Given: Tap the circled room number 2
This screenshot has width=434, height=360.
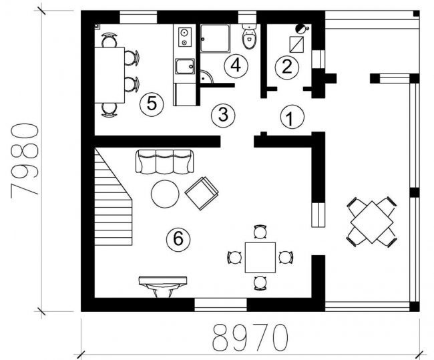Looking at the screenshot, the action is click(287, 67).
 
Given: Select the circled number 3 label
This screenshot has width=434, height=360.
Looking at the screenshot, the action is click(223, 116).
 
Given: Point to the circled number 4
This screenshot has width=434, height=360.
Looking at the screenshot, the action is click(236, 66).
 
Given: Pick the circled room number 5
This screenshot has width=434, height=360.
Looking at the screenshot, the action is click(152, 104).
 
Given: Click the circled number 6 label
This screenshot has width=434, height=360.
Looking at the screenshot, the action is click(178, 239).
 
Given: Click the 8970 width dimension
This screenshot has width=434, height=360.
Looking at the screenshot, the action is click(250, 339).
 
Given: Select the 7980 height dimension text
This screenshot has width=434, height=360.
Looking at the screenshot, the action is click(24, 161).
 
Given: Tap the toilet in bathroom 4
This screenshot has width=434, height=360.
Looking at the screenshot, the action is click(250, 36).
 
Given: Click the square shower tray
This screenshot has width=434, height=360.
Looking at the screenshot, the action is click(215, 39).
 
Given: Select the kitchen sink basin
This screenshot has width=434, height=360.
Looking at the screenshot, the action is click(185, 67).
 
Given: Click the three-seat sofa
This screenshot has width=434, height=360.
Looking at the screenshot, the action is click(165, 162).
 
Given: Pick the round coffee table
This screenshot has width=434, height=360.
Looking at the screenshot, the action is click(165, 194).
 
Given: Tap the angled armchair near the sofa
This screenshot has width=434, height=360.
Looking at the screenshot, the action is click(202, 193).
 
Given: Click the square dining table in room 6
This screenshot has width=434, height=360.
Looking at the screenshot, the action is click(260, 258).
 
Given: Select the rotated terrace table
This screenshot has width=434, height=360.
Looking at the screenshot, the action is click(372, 222).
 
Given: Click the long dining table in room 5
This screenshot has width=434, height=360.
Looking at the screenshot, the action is click(110, 75).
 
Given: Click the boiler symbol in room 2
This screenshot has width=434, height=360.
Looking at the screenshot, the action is click(300, 28).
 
